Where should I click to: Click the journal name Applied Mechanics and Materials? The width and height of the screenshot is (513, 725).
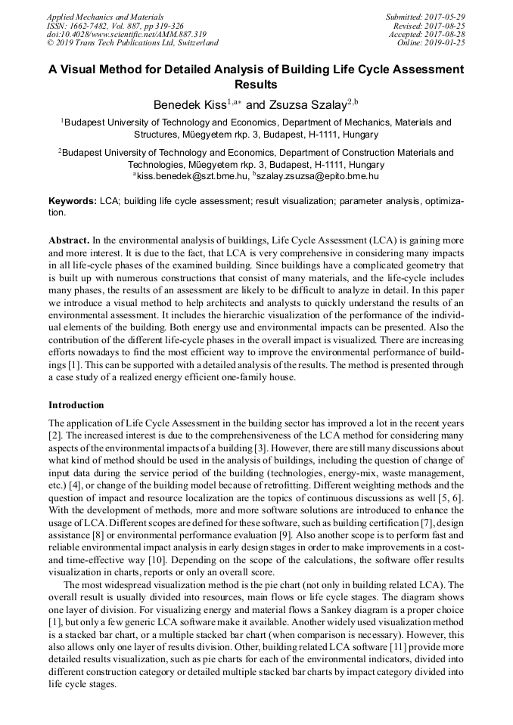pos(104,16)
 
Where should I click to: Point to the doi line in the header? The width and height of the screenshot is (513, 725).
pos(126,34)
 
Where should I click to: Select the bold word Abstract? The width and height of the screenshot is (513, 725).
pos(71,240)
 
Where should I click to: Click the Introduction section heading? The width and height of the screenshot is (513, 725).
pos(76,405)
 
